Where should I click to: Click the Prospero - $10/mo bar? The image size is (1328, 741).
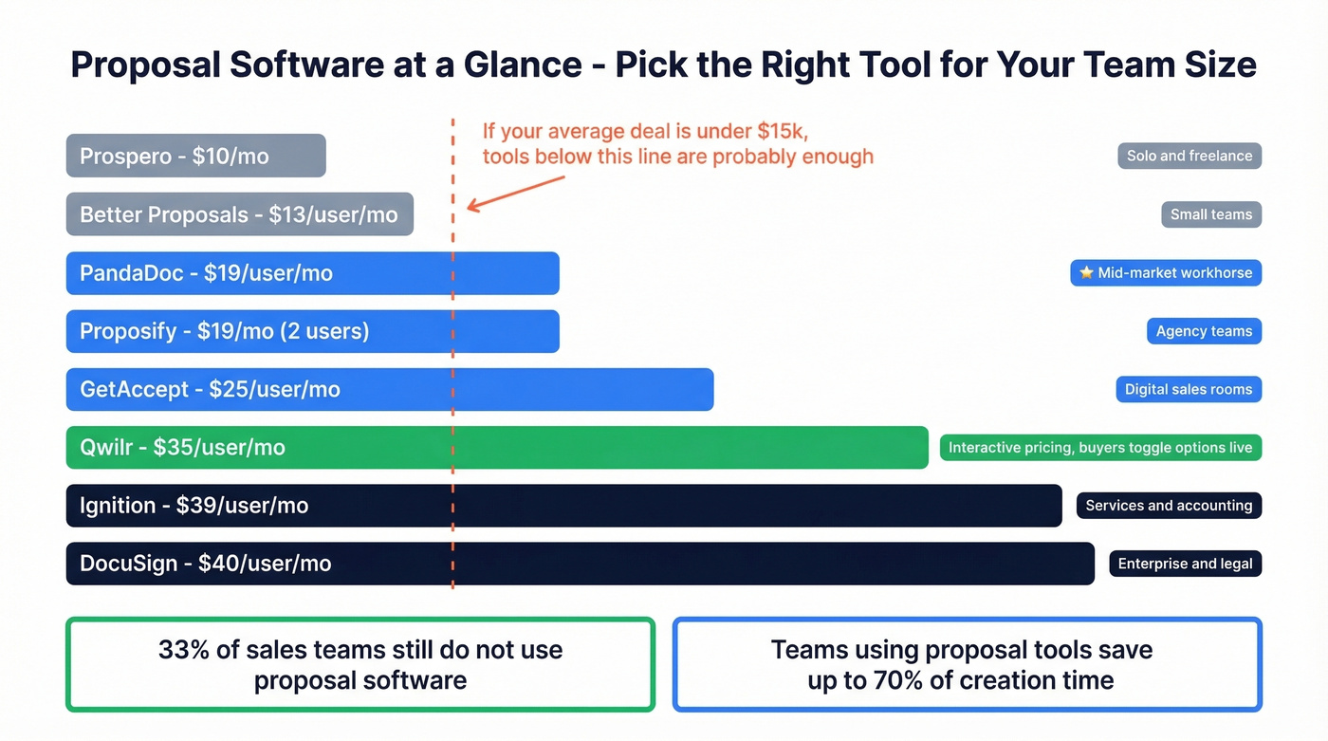pyautogui.click(x=195, y=156)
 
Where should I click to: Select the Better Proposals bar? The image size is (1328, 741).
pyautogui.click(x=239, y=214)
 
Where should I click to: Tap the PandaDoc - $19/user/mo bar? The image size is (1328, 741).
pyautogui.click(x=312, y=273)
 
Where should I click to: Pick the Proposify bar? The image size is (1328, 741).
pyautogui.click(x=312, y=331)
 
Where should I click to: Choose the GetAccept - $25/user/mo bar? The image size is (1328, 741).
pyautogui.click(x=389, y=389)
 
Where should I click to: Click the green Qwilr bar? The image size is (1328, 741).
pyautogui.click(x=496, y=448)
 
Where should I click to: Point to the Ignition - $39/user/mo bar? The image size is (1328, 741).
pyautogui.click(x=563, y=506)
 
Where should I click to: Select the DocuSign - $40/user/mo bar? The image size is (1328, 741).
pyautogui.click(x=580, y=564)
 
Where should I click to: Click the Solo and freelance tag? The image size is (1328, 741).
pyautogui.click(x=1189, y=156)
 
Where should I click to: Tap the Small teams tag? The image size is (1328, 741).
pyautogui.click(x=1210, y=214)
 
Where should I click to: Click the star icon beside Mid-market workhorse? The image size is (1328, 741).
pyautogui.click(x=1086, y=273)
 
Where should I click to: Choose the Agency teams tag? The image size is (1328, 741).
pyautogui.click(x=1203, y=331)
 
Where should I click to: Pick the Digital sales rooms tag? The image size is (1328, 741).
pyautogui.click(x=1188, y=389)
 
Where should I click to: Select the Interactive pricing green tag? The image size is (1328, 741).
pyautogui.click(x=1100, y=448)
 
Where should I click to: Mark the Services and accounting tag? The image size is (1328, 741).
pyautogui.click(x=1168, y=506)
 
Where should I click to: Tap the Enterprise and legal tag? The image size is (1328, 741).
pyautogui.click(x=1185, y=564)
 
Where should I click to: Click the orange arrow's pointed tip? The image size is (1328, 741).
pyautogui.click(x=469, y=208)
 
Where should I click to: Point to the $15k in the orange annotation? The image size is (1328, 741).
pyautogui.click(x=782, y=131)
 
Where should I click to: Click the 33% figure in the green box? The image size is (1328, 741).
pyautogui.click(x=178, y=650)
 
